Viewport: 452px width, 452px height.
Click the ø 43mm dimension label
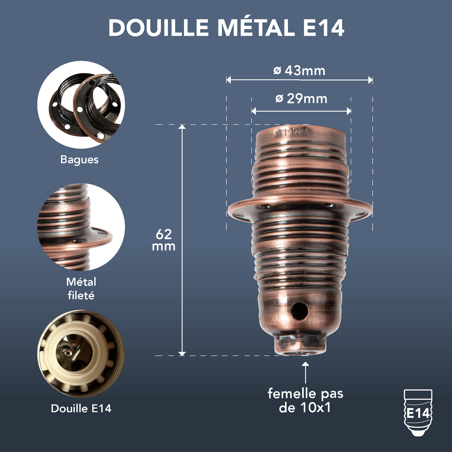(299, 71)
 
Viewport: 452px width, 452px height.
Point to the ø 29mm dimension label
(301, 99)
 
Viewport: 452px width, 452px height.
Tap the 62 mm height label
(164, 240)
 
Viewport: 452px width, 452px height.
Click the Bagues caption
(79, 160)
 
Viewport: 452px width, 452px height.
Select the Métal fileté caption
(81, 288)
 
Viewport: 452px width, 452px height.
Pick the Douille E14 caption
(81, 408)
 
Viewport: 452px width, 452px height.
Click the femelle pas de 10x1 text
(305, 401)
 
